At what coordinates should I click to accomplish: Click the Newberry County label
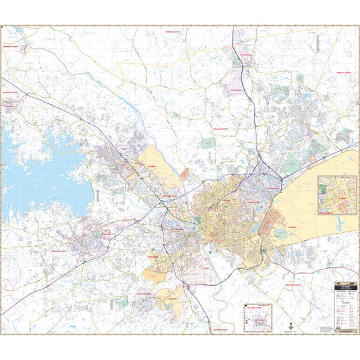coord(15,46)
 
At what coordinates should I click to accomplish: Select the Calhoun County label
coord(220,330)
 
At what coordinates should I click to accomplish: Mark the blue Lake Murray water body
coord(42,174)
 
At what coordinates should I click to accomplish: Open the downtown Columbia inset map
coord(337,194)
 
